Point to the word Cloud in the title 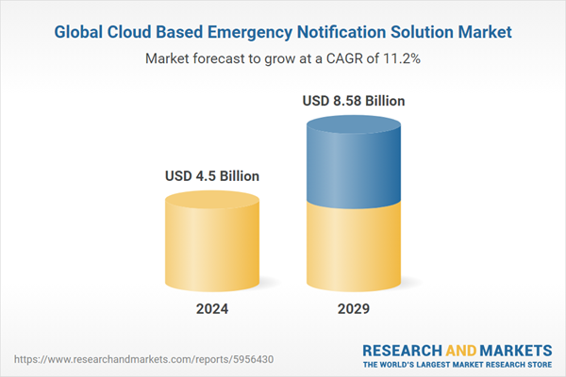pos(136,32)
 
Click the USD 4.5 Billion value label pos(212,175)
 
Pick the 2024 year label pos(212,309)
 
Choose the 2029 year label pos(355,309)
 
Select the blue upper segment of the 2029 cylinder pos(355,165)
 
